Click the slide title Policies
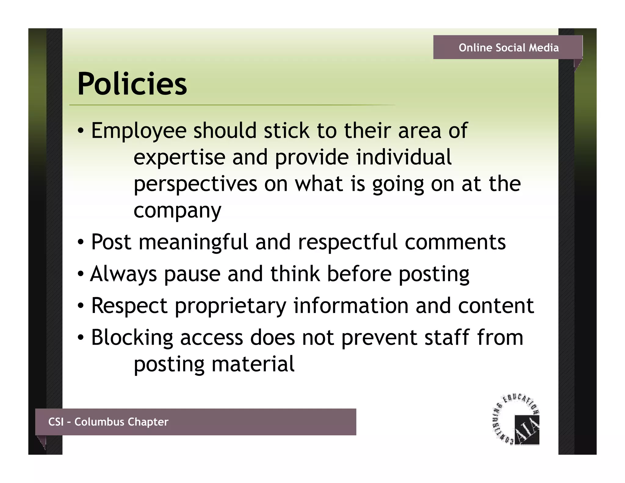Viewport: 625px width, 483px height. [132, 84]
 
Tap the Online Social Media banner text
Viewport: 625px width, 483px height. [508, 48]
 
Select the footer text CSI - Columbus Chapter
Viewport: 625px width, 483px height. [108, 422]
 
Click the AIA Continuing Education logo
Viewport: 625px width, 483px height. [517, 419]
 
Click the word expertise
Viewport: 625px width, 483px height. [179, 158]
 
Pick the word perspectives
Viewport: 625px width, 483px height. [195, 184]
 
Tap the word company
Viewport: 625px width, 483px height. [177, 211]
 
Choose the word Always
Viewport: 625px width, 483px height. [123, 274]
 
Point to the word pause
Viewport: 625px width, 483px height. [192, 274]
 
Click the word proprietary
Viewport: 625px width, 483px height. [230, 306]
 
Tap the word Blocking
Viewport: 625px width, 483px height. [132, 338]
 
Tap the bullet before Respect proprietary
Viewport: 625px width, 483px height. [80, 306]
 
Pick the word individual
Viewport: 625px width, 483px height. [403, 157]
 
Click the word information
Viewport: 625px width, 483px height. [351, 306]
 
